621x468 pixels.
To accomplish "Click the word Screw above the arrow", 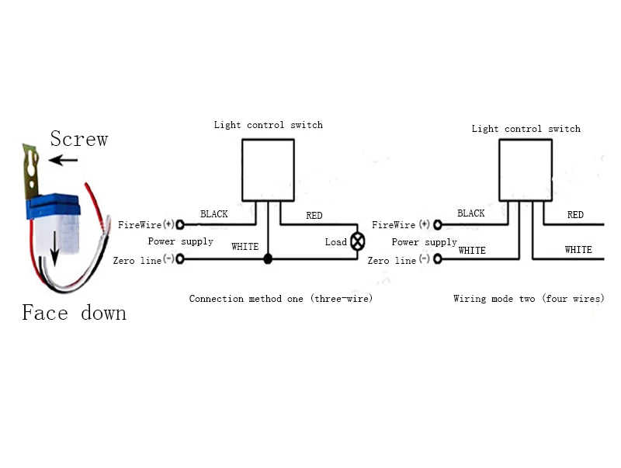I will click(x=78, y=139).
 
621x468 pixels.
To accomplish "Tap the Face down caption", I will click(x=74, y=313).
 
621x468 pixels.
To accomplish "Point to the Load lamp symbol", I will click(x=358, y=241).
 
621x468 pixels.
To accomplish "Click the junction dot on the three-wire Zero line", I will click(x=268, y=258).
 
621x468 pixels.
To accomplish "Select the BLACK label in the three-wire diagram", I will click(x=214, y=214).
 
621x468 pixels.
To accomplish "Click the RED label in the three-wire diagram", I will click(x=314, y=215).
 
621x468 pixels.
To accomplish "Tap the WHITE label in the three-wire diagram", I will click(x=245, y=247).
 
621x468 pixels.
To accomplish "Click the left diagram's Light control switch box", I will click(x=268, y=169).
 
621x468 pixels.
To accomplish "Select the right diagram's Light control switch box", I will click(x=526, y=169).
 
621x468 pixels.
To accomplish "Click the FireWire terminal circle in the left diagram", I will click(x=180, y=225).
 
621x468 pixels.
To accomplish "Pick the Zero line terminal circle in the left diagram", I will click(x=180, y=259).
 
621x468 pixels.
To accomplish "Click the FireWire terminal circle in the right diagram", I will click(x=438, y=225).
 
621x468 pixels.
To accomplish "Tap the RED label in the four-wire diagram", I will click(x=575, y=215).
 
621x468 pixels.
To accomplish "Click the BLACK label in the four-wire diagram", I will click(x=471, y=213).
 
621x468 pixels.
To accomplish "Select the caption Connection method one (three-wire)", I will click(x=281, y=299).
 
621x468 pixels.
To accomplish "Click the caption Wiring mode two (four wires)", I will click(x=529, y=299).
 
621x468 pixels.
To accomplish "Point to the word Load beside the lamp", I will click(x=335, y=242).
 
